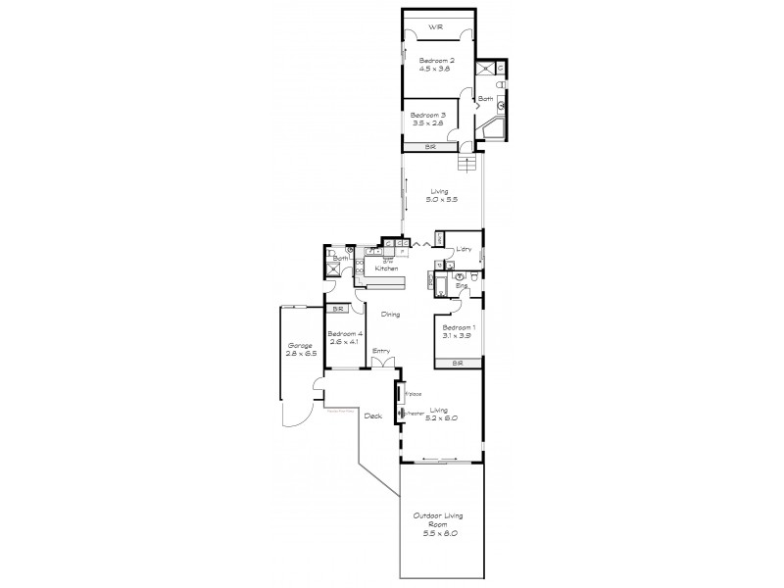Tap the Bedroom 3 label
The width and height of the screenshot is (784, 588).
click(427, 116)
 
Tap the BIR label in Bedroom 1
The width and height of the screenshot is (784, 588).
click(457, 364)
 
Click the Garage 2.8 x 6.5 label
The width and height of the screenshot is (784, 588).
click(300, 351)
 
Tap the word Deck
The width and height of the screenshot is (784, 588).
click(372, 416)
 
